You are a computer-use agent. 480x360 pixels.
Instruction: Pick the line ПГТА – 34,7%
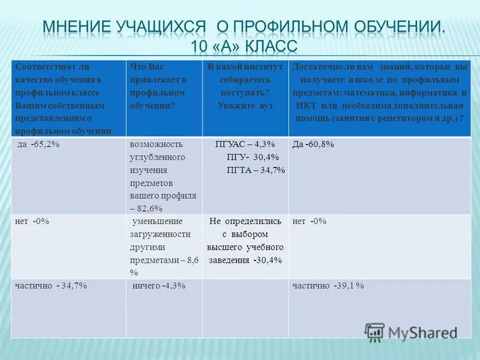[x=251, y=170]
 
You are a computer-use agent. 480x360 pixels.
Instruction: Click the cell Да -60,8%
[x=313, y=145]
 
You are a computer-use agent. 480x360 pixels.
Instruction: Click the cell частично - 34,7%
[x=51, y=286]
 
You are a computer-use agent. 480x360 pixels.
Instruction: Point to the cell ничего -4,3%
[x=158, y=286]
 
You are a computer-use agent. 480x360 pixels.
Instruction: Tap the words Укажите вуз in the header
[x=245, y=105]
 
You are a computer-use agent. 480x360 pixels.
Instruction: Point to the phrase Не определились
[x=245, y=221]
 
